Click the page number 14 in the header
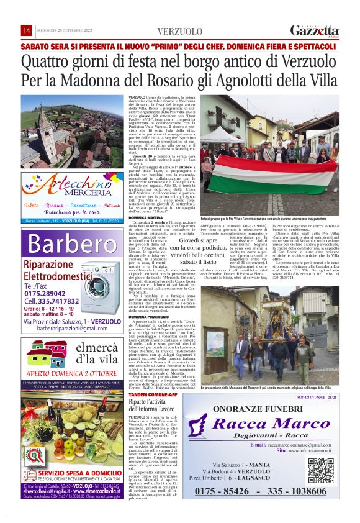[x=27, y=30]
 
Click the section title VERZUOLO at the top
[x=179, y=31]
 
